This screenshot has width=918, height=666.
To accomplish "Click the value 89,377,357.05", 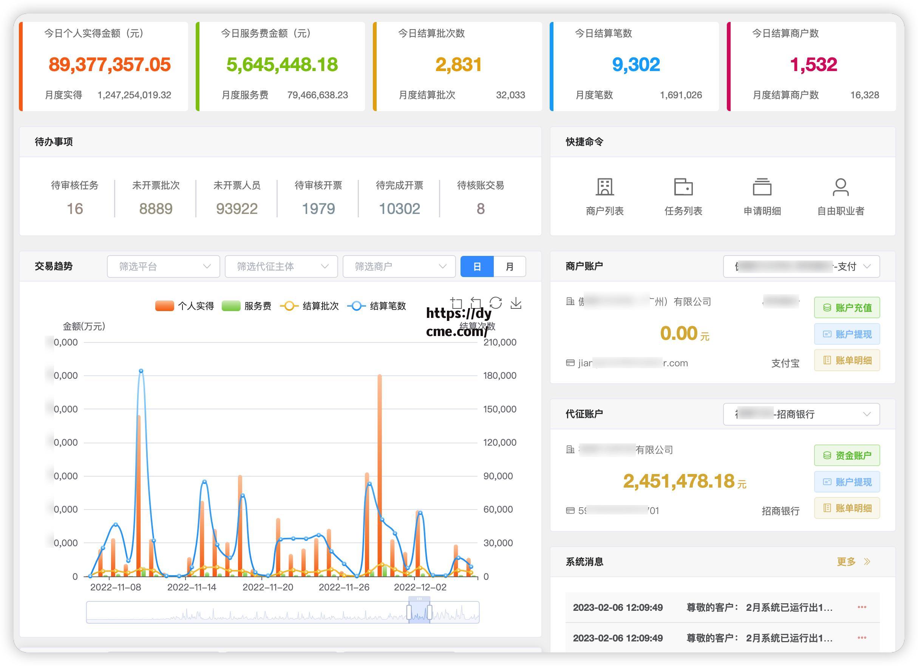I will point(109,65).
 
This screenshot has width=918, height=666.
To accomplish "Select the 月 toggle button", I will point(509,266).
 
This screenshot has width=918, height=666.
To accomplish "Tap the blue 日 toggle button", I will point(477,266).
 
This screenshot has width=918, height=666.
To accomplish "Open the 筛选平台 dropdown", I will point(163,266).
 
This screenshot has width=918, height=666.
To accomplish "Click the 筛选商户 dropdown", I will point(399,266).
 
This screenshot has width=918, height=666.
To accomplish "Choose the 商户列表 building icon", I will point(605,187).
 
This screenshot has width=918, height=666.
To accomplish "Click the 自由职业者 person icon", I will point(840,187).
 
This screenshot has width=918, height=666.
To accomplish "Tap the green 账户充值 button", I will point(847,308).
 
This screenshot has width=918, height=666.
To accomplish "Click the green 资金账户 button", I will point(847,455).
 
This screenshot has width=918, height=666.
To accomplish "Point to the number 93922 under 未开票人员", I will point(237,209).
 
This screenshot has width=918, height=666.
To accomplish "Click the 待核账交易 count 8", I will point(481,209).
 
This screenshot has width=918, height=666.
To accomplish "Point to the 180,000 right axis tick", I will point(499,376).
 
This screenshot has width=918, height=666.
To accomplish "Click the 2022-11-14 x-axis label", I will point(192,587).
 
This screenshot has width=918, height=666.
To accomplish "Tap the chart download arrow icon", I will point(516,303).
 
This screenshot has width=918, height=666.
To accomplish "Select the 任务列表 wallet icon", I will point(683,187).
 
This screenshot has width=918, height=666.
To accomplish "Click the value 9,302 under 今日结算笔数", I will point(636,65).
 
